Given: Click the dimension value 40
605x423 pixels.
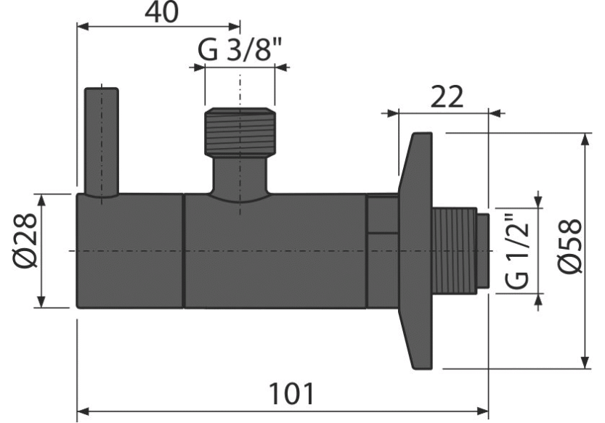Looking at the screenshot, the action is click(162, 12).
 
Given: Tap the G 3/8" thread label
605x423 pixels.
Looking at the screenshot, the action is click(240, 50).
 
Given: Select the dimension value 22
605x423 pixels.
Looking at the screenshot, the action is click(447, 97).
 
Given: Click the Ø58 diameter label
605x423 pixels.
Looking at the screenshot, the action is click(570, 247).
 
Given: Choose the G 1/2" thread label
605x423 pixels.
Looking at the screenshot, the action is click(516, 250).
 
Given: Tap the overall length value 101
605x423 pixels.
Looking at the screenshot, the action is click(291, 394).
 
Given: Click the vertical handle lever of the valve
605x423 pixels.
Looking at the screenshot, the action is click(102, 143).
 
